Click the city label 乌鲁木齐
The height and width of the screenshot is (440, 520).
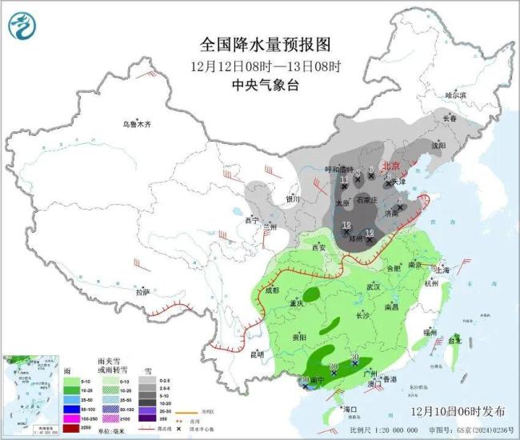(x=136, y=124)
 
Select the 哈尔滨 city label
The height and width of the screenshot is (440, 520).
(x=454, y=94)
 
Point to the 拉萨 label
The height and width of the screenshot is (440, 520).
(x=142, y=293)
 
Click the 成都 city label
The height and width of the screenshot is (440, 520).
(x=273, y=290)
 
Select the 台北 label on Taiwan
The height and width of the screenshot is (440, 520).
(x=454, y=340)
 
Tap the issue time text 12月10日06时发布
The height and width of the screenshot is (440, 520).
(x=458, y=410)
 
